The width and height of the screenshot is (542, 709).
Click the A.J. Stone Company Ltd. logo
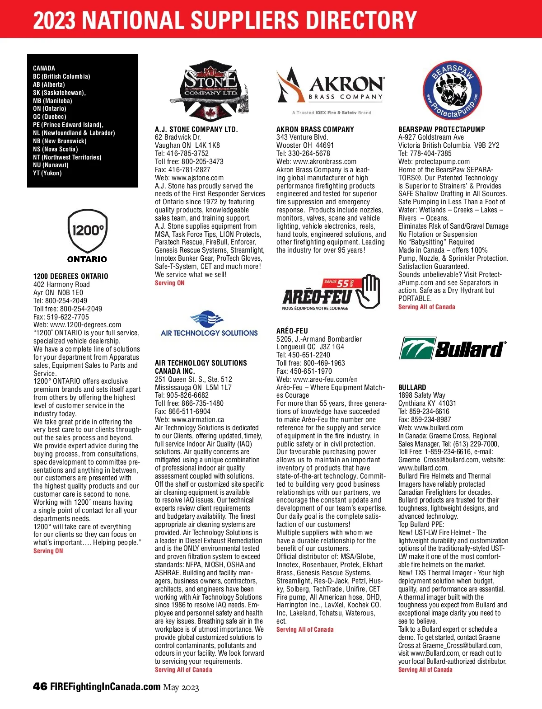[x=209, y=90]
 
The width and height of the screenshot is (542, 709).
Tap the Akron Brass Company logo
[x=331, y=89]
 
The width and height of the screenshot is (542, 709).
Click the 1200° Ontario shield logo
[x=87, y=235]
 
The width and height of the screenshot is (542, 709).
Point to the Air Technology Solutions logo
[x=209, y=324]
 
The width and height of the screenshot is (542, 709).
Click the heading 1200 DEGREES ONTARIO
[x=71, y=276]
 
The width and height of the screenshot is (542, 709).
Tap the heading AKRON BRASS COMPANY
[x=315, y=129]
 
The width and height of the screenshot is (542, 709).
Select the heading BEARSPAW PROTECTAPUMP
[x=442, y=129]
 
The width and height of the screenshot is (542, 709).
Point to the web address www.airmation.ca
[x=198, y=419]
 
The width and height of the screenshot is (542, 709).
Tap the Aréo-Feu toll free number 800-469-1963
[x=324, y=363]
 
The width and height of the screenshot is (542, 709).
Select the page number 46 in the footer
[x=40, y=686]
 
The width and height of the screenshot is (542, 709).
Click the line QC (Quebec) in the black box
[x=50, y=117]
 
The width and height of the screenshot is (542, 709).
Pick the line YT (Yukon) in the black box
[x=47, y=173]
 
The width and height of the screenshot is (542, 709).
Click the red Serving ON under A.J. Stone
[x=170, y=283]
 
